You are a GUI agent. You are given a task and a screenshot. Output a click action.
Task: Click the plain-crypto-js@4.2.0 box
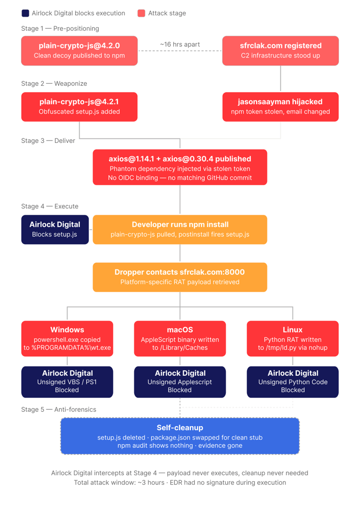pyautogui.click(x=79, y=50)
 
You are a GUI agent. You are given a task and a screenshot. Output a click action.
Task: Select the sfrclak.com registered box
pyautogui.click(x=280, y=50)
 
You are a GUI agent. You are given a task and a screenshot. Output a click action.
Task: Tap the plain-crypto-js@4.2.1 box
pyautogui.click(x=79, y=106)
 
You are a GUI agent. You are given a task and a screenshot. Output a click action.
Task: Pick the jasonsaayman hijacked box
pyautogui.click(x=280, y=106)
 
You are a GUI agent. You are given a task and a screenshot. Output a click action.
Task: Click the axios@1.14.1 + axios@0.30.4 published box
pyautogui.click(x=179, y=167)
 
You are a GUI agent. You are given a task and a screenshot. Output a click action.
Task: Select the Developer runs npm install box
pyautogui.click(x=179, y=229)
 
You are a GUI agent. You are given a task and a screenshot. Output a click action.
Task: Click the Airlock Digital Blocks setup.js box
pyautogui.click(x=55, y=229)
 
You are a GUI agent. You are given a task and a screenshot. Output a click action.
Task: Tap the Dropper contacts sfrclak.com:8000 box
pyautogui.click(x=179, y=277)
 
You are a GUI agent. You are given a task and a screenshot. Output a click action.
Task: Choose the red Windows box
pyautogui.click(x=67, y=338)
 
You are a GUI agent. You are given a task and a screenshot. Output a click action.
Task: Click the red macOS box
pyautogui.click(x=179, y=338)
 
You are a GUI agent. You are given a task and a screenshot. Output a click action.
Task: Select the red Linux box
pyautogui.click(x=293, y=338)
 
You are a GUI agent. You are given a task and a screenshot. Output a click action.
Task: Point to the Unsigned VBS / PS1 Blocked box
pyautogui.click(x=67, y=382)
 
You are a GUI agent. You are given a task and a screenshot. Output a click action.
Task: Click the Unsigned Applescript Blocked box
pyautogui.click(x=179, y=382)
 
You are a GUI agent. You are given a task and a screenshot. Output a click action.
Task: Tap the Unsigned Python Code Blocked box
pyautogui.click(x=293, y=382)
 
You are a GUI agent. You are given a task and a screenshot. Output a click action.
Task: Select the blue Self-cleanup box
pyautogui.click(x=179, y=436)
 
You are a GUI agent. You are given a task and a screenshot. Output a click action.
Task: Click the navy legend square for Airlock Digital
pyautogui.click(x=25, y=13)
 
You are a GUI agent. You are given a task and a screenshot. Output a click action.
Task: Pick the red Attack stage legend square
pyautogui.click(x=141, y=13)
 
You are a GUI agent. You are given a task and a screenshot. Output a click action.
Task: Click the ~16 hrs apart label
pyautogui.click(x=179, y=45)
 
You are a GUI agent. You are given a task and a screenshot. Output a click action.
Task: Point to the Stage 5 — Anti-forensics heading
pyautogui.click(x=59, y=409)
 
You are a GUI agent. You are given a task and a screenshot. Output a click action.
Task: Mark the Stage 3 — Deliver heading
pyautogui.click(x=48, y=140)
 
